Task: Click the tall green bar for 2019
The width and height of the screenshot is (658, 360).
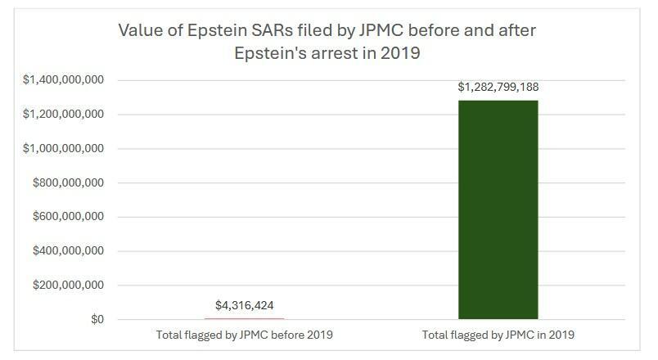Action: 498,209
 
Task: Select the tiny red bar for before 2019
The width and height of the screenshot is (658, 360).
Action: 244,318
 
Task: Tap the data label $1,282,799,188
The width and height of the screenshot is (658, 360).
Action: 498,88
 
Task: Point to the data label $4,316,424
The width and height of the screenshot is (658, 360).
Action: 245,306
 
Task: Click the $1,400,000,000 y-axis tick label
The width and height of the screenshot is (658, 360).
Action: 63,80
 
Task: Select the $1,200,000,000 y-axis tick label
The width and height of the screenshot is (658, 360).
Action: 63,115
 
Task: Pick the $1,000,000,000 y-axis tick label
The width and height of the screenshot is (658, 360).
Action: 63,149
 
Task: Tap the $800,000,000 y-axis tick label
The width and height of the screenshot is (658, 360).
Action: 68,183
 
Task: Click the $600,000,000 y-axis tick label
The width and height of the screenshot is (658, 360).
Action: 68,217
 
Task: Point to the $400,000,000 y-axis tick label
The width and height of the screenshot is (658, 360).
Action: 68,251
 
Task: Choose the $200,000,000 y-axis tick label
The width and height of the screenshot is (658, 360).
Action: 68,286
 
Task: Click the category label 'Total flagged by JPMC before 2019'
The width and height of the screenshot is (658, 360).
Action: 245,335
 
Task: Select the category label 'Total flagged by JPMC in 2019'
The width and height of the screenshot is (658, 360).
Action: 498,335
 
